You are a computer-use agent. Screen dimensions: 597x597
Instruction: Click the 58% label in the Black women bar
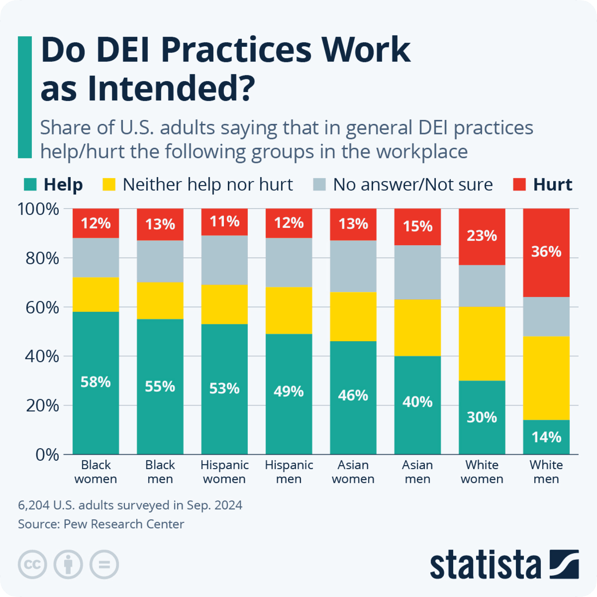pos(96,382)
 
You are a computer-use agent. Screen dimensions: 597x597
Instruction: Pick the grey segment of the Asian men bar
pos(417,272)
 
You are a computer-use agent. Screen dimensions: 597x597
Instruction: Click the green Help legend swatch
pos(30,184)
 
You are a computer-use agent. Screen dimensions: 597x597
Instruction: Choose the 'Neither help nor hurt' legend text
pos(208,185)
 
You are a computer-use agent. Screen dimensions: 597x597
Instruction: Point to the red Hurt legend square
pos(519,184)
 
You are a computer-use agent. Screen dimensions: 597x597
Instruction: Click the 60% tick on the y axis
pos(42,308)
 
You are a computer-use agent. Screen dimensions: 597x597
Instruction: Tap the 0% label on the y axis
pos(47,455)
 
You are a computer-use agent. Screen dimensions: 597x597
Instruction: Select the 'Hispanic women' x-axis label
pos(224,472)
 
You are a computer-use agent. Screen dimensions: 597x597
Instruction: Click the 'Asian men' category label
pos(417,472)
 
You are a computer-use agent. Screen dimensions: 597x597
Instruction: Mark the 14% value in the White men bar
pos(546,437)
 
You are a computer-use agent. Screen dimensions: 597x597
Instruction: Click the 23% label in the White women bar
pos(482,236)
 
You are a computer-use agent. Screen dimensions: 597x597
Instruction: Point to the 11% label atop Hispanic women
pos(224,221)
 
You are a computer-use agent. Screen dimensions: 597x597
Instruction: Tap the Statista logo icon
pos(564,564)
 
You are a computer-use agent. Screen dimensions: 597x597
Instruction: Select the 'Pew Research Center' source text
pos(124,524)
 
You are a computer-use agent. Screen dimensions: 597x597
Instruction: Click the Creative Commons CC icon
pos(32,564)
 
